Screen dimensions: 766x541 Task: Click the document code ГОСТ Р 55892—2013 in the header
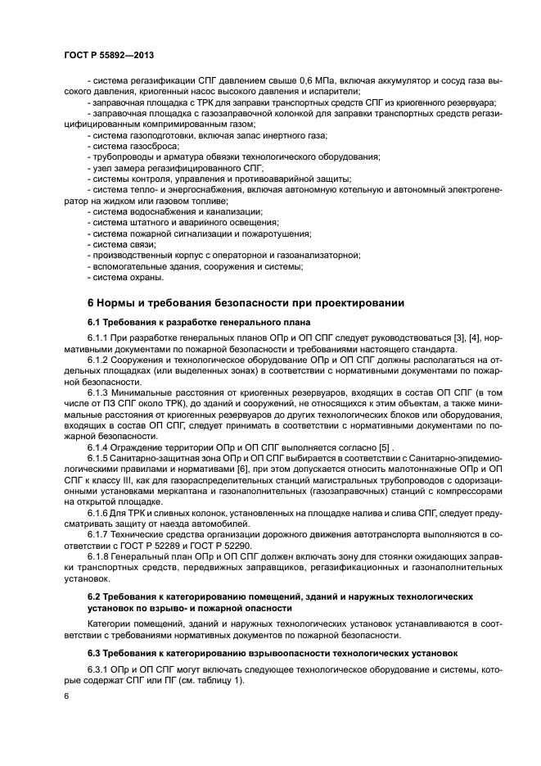[109, 54]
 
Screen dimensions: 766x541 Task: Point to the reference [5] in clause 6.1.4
[383, 448]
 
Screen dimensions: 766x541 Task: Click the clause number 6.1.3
[101, 393]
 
